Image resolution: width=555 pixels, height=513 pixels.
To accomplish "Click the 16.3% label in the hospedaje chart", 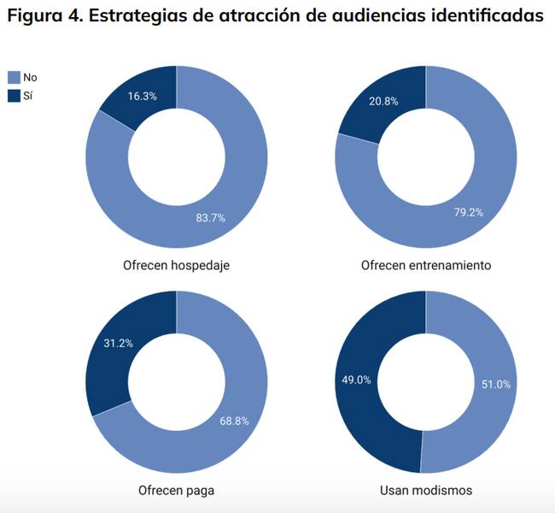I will tap(143, 97).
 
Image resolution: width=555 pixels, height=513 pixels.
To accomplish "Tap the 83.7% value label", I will tap(210, 218).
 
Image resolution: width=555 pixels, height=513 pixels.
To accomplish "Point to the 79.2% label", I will tap(469, 212).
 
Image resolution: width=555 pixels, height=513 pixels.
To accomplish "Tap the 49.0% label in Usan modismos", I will tap(356, 380).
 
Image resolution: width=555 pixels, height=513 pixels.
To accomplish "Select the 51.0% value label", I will tap(496, 385).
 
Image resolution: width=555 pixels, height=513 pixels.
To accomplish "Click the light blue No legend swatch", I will tap(13, 78).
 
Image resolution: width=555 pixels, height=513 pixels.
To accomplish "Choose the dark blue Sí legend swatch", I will tap(13, 96).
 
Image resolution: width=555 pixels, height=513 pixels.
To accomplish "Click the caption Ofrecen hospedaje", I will tap(176, 265).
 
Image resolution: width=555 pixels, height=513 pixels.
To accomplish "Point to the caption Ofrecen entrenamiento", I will tap(426, 265).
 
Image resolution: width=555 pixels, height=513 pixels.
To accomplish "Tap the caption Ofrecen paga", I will tap(176, 491).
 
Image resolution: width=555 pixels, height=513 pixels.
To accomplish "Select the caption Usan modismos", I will tap(426, 491).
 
